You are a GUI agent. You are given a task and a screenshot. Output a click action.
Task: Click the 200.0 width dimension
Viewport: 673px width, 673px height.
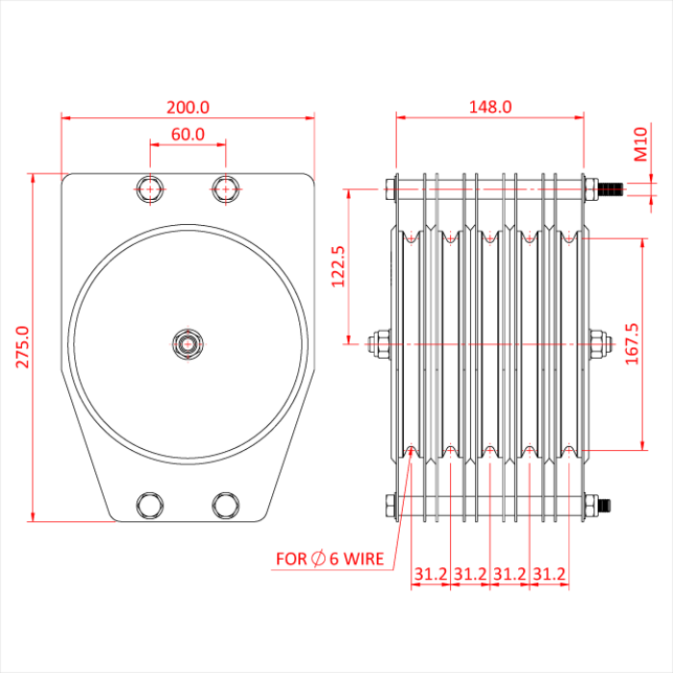187,107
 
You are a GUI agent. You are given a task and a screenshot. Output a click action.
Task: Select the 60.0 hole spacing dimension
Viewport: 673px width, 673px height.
187,134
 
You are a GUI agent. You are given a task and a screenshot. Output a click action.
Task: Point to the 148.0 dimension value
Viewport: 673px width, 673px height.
489,107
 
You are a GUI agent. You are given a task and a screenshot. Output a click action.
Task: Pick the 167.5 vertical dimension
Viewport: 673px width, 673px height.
658,344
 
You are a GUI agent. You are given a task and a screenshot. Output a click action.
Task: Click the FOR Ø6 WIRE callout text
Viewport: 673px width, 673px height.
330,559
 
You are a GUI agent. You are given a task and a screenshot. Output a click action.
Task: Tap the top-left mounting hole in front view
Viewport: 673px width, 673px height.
150,188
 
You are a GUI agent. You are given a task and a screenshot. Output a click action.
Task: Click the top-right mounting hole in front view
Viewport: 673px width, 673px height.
226,188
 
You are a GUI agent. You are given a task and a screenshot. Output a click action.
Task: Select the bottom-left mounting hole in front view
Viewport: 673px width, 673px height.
150,505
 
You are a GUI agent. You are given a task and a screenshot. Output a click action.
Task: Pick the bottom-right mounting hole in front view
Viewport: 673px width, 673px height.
226,505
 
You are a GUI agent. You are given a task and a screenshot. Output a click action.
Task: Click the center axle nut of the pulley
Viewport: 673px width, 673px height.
187,342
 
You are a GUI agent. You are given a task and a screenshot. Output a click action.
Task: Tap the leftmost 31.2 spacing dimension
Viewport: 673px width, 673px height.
431,574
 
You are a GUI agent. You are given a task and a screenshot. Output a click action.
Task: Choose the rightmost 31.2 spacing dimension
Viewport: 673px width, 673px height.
549,574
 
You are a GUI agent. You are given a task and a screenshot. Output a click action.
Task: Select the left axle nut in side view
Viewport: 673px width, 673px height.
380,342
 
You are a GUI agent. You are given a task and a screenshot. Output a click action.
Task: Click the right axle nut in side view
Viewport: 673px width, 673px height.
598,342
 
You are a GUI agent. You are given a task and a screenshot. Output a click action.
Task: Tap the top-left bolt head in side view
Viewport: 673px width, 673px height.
390,188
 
